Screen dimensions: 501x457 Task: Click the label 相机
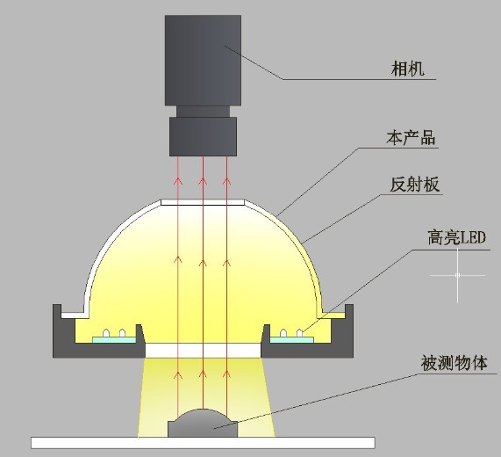(408, 69)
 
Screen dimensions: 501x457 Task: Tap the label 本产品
(411, 138)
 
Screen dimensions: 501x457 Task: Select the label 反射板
(414, 185)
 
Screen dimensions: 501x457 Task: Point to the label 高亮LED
(456, 238)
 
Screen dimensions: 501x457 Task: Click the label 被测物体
(454, 363)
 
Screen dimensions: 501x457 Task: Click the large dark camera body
(203, 60)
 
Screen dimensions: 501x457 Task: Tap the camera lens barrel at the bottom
(203, 136)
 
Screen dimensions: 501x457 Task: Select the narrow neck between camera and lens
(203, 112)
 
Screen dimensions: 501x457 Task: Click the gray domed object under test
(203, 423)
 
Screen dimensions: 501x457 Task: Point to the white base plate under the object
(203, 443)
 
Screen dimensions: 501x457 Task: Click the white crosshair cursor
(457, 275)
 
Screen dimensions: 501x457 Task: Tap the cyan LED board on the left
(114, 339)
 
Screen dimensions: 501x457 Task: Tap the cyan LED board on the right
(292, 339)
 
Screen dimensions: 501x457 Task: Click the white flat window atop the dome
(203, 202)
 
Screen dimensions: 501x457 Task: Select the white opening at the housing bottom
(204, 351)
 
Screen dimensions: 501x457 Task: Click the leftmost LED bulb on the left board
(106, 333)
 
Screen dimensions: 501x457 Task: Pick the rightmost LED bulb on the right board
(299, 333)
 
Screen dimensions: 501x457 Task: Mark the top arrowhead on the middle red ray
(203, 181)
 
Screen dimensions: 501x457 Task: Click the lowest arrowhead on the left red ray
(178, 374)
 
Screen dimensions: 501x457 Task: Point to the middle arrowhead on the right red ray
(226, 263)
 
